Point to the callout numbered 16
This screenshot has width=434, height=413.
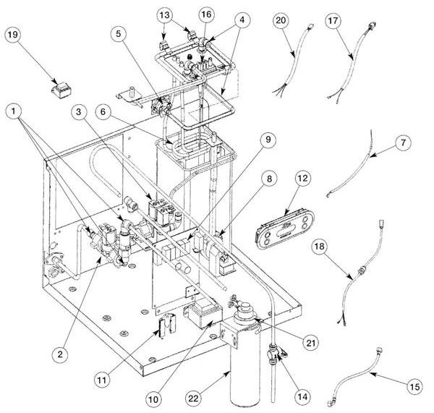point(206,14)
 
